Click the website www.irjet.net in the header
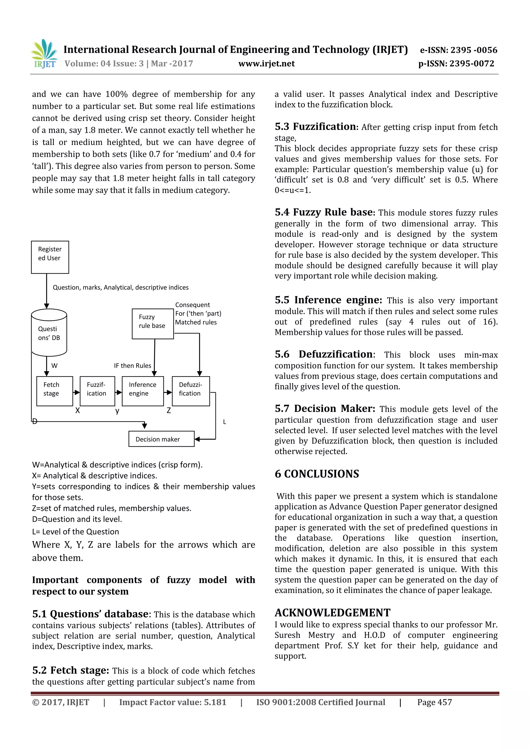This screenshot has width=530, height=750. click(267, 64)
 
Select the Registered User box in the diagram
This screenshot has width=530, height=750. click(50, 257)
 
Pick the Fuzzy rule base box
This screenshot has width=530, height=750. click(152, 324)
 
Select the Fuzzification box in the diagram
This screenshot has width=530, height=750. click(97, 391)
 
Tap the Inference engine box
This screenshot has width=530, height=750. click(142, 391)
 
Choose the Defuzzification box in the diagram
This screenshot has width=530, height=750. click(191, 391)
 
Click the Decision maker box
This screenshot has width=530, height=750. click(161, 439)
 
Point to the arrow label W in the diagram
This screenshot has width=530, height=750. click(55, 366)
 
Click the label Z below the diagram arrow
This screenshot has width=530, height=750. click(169, 411)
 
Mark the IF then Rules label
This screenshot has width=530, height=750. click(132, 366)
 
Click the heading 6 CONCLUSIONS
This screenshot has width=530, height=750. click(317, 474)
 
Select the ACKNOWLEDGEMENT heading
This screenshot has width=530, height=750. click(333, 613)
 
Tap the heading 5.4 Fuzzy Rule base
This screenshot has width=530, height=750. click(325, 212)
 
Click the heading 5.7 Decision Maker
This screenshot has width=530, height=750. click(325, 409)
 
